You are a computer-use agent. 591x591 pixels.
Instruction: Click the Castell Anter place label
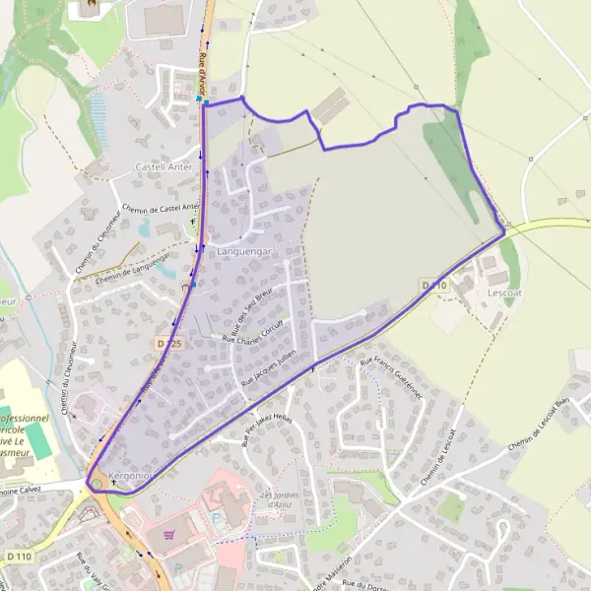[164, 167]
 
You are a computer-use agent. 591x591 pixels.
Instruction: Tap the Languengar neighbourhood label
[242, 252]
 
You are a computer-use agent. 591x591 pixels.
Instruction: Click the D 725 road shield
[169, 343]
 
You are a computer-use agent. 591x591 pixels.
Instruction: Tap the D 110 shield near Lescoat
[434, 285]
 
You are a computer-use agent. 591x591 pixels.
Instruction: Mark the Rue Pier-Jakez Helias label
[268, 429]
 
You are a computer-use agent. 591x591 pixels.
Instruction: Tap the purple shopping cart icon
[170, 536]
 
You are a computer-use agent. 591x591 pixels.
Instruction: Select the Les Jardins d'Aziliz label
[279, 498]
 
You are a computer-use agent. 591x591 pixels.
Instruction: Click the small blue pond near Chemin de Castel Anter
[145, 228]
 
